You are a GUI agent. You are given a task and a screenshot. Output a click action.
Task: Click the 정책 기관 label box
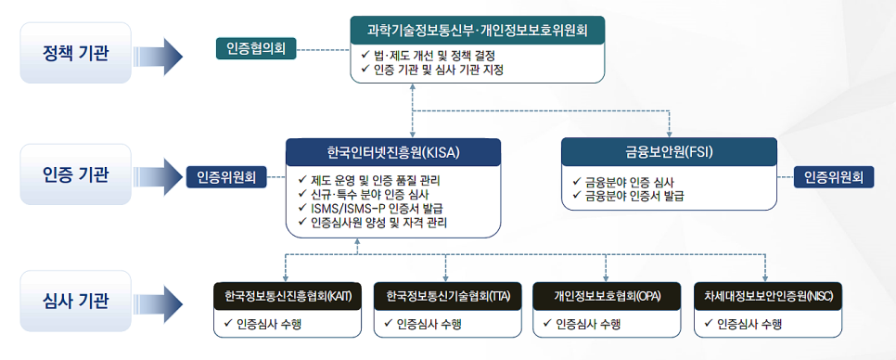(76, 50)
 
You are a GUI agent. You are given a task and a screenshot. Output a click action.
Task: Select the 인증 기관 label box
(76, 174)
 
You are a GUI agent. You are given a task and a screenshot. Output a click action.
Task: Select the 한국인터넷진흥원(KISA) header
(393, 152)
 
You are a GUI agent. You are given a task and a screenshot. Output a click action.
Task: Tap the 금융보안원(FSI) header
(669, 150)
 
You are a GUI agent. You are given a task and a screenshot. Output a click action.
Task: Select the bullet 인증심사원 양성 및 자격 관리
(384, 223)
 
